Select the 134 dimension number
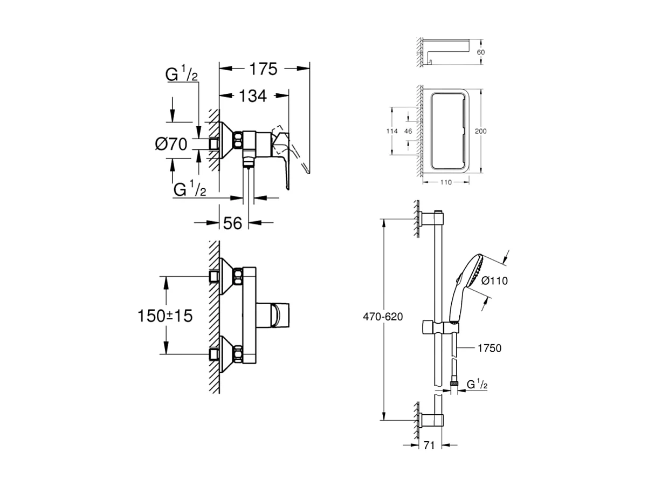(x=252, y=96)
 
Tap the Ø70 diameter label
(x=171, y=144)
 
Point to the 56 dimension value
(x=232, y=223)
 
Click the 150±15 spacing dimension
(x=166, y=316)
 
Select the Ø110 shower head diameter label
(x=494, y=280)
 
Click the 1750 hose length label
(x=490, y=348)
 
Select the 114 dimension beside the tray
(x=392, y=131)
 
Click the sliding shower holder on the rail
(x=440, y=327)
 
